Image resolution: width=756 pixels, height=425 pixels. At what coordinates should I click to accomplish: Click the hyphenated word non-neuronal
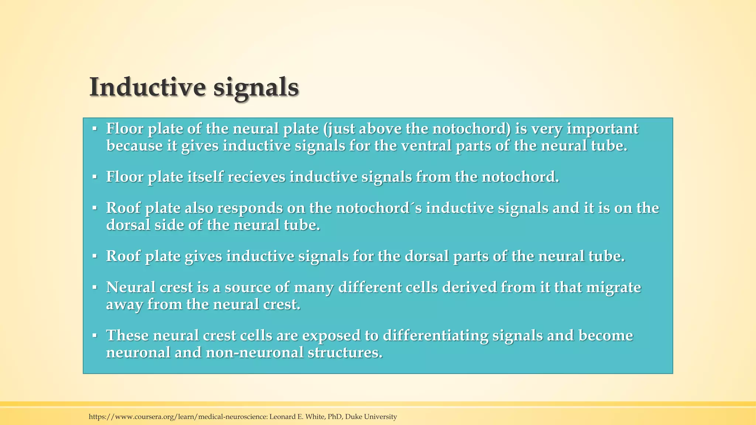click(255, 352)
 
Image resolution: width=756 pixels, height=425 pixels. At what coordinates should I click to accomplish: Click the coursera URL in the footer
click(178, 417)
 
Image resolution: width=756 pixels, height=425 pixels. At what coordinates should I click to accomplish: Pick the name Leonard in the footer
click(282, 417)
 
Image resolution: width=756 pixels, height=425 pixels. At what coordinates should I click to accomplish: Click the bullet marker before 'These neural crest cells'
click(94, 335)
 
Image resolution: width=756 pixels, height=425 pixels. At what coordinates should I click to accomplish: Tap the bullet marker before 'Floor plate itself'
click(94, 177)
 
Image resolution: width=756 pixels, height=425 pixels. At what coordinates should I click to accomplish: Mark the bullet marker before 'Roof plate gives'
click(94, 256)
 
